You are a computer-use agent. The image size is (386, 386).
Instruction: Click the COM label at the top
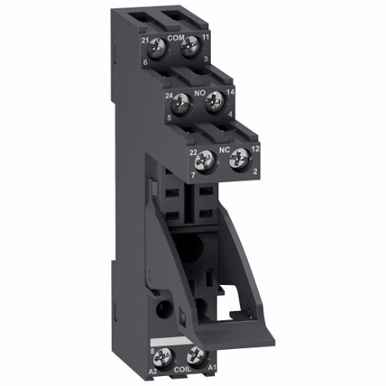175,39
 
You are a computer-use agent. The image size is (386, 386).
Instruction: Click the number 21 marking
145,40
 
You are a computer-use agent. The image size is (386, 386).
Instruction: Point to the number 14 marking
231,99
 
